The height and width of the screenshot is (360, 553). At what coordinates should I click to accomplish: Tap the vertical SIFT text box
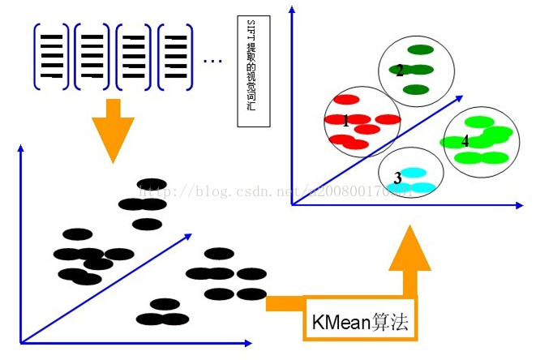(x=252, y=71)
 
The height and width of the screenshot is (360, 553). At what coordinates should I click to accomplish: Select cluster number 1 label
(x=346, y=122)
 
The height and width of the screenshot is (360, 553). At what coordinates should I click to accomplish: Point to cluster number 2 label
(x=400, y=71)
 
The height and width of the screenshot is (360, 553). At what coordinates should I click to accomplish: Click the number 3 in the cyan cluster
(x=397, y=178)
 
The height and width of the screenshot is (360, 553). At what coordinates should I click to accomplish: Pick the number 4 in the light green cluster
(x=465, y=140)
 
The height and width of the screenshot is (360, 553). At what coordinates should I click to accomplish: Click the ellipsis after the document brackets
(x=212, y=60)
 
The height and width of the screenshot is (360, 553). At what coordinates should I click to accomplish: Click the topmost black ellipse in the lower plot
(x=152, y=184)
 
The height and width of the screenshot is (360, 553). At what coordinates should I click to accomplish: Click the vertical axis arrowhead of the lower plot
(x=21, y=148)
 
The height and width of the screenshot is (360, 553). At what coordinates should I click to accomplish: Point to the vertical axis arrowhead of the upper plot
(x=291, y=10)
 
